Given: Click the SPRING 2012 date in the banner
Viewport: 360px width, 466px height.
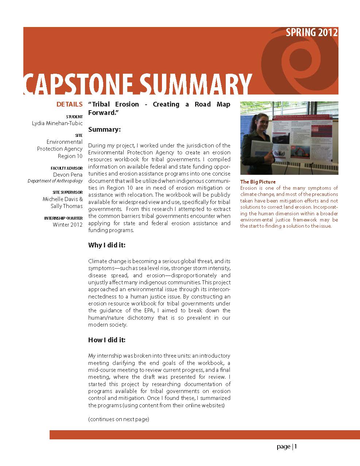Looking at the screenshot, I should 311,32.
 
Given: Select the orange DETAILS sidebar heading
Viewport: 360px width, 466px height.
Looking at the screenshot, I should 69,104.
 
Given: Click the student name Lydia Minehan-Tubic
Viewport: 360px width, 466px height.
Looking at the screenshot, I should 57,123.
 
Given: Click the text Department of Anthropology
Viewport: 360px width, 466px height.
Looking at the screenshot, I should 55,181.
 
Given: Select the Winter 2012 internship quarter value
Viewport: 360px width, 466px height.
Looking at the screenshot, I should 68,225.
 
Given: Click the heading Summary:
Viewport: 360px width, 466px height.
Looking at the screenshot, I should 104,130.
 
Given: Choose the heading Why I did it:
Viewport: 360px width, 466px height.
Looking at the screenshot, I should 107,245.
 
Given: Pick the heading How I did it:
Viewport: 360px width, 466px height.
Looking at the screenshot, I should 107,340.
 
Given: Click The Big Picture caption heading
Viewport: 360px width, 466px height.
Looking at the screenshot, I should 258,182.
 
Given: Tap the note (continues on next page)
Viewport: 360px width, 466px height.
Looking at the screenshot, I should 119,419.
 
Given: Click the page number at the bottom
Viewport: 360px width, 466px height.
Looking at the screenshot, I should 287,447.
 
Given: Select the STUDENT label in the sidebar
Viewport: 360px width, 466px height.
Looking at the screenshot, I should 74,117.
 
